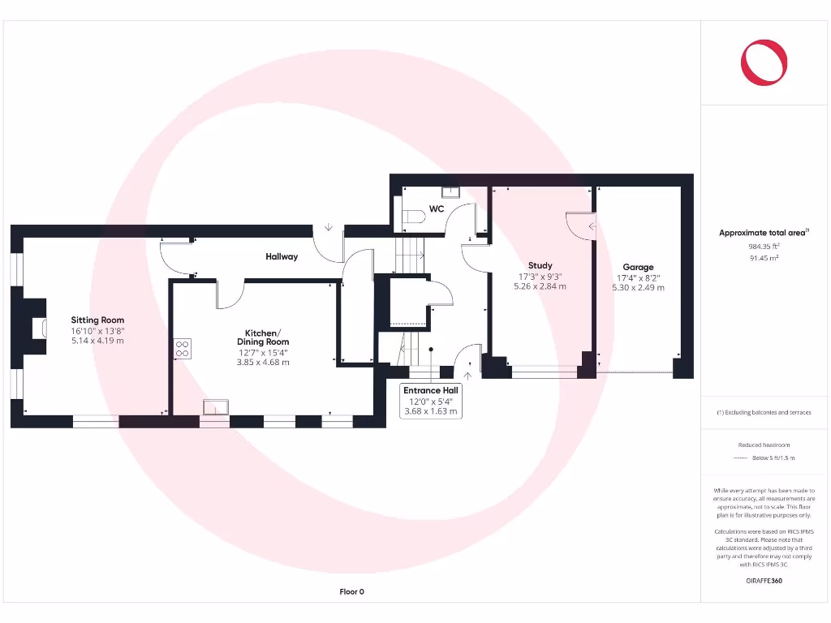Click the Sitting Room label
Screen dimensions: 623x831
[97, 320]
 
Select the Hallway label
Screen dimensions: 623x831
[282, 257]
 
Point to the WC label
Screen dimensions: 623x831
[437, 209]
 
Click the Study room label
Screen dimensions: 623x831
[540, 265]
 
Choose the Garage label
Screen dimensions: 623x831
[638, 267]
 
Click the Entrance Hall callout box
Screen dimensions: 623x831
[431, 401]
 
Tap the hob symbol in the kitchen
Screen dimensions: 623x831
[183, 348]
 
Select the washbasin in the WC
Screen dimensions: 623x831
[450, 191]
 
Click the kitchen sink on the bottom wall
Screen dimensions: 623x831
[215, 407]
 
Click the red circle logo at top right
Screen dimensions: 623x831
[764, 62]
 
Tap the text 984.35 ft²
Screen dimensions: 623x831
[763, 246]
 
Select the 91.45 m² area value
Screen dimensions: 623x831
[763, 258]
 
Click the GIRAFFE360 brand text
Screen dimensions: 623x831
[764, 581]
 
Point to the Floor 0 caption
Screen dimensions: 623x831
[351, 592]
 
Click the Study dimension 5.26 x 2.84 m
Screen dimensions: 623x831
[540, 286]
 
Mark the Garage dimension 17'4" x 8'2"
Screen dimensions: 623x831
[638, 277]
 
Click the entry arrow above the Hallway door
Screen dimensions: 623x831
[329, 228]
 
